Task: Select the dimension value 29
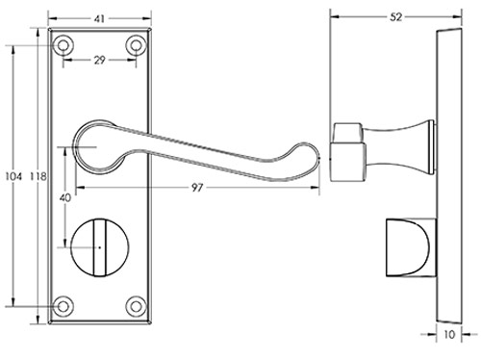coord(101,61)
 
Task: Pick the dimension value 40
coord(64,197)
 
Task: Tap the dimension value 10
coord(450,335)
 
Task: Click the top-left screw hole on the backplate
coord(64,43)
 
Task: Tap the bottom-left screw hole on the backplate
coord(64,305)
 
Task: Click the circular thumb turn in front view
coord(100,248)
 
